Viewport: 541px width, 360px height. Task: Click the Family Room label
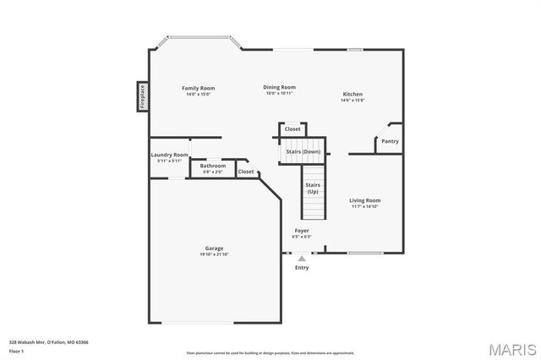click(x=199, y=88)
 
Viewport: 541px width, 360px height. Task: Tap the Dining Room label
click(x=279, y=86)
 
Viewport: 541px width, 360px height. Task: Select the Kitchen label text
click(x=352, y=94)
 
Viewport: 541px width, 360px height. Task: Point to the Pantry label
click(x=390, y=141)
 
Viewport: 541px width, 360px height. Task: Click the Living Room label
click(x=365, y=200)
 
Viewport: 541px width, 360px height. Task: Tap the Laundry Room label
click(x=169, y=155)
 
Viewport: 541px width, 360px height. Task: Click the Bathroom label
click(x=212, y=166)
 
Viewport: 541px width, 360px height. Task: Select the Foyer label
click(x=302, y=230)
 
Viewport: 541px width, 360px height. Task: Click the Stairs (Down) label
click(x=302, y=151)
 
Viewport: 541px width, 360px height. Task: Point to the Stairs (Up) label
click(x=313, y=188)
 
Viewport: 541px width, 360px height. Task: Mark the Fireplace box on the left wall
click(x=143, y=95)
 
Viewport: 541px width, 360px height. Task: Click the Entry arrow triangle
click(x=302, y=259)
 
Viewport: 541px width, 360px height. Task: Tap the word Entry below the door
click(x=302, y=268)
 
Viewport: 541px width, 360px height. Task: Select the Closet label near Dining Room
click(x=292, y=129)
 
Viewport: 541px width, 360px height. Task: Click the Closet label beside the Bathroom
click(x=246, y=172)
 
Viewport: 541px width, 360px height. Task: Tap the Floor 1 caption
click(x=16, y=350)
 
